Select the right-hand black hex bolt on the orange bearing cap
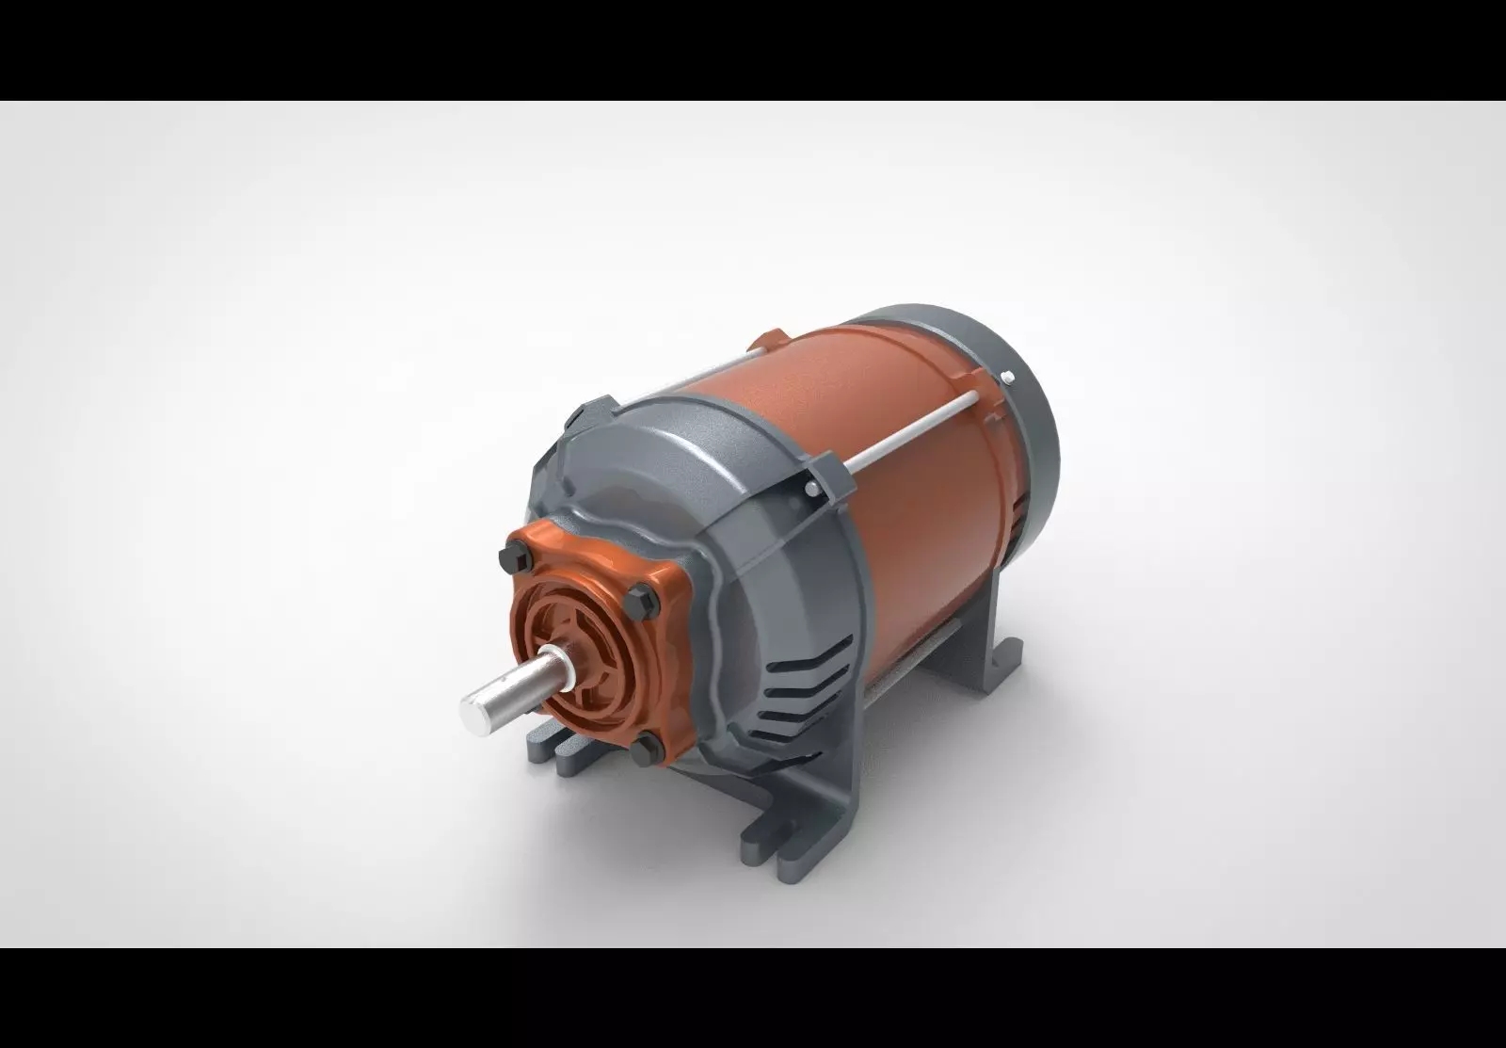tap(655, 598)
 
